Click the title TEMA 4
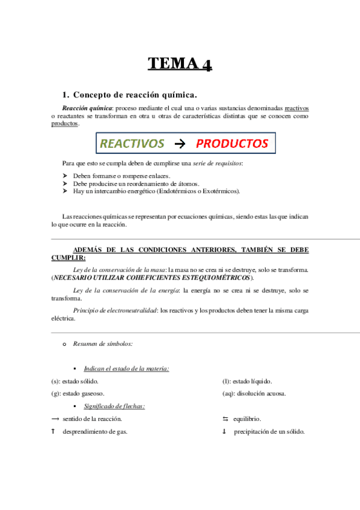pos(180,64)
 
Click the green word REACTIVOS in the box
pos(132,144)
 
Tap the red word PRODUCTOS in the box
pos(232,144)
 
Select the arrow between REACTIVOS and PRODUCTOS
pos(179,144)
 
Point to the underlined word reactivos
pos(296,108)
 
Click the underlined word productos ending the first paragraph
pos(65,123)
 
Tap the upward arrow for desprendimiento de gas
pos(53,431)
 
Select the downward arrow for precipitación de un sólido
pos(224,431)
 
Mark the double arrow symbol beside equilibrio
pos(225,419)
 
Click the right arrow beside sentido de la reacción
pos(55,419)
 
